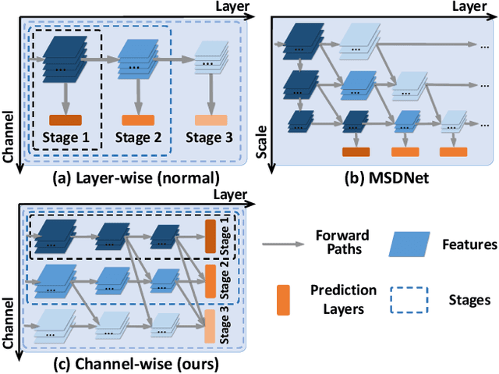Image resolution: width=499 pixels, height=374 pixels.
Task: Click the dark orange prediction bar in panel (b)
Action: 356,152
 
